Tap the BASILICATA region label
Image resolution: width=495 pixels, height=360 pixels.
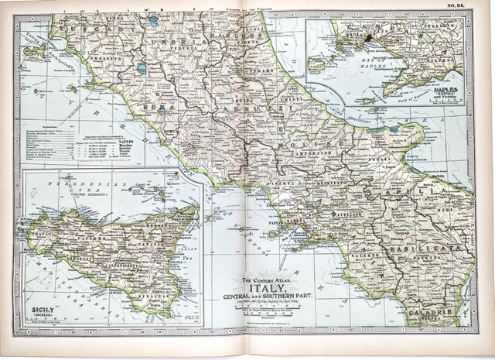437,249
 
